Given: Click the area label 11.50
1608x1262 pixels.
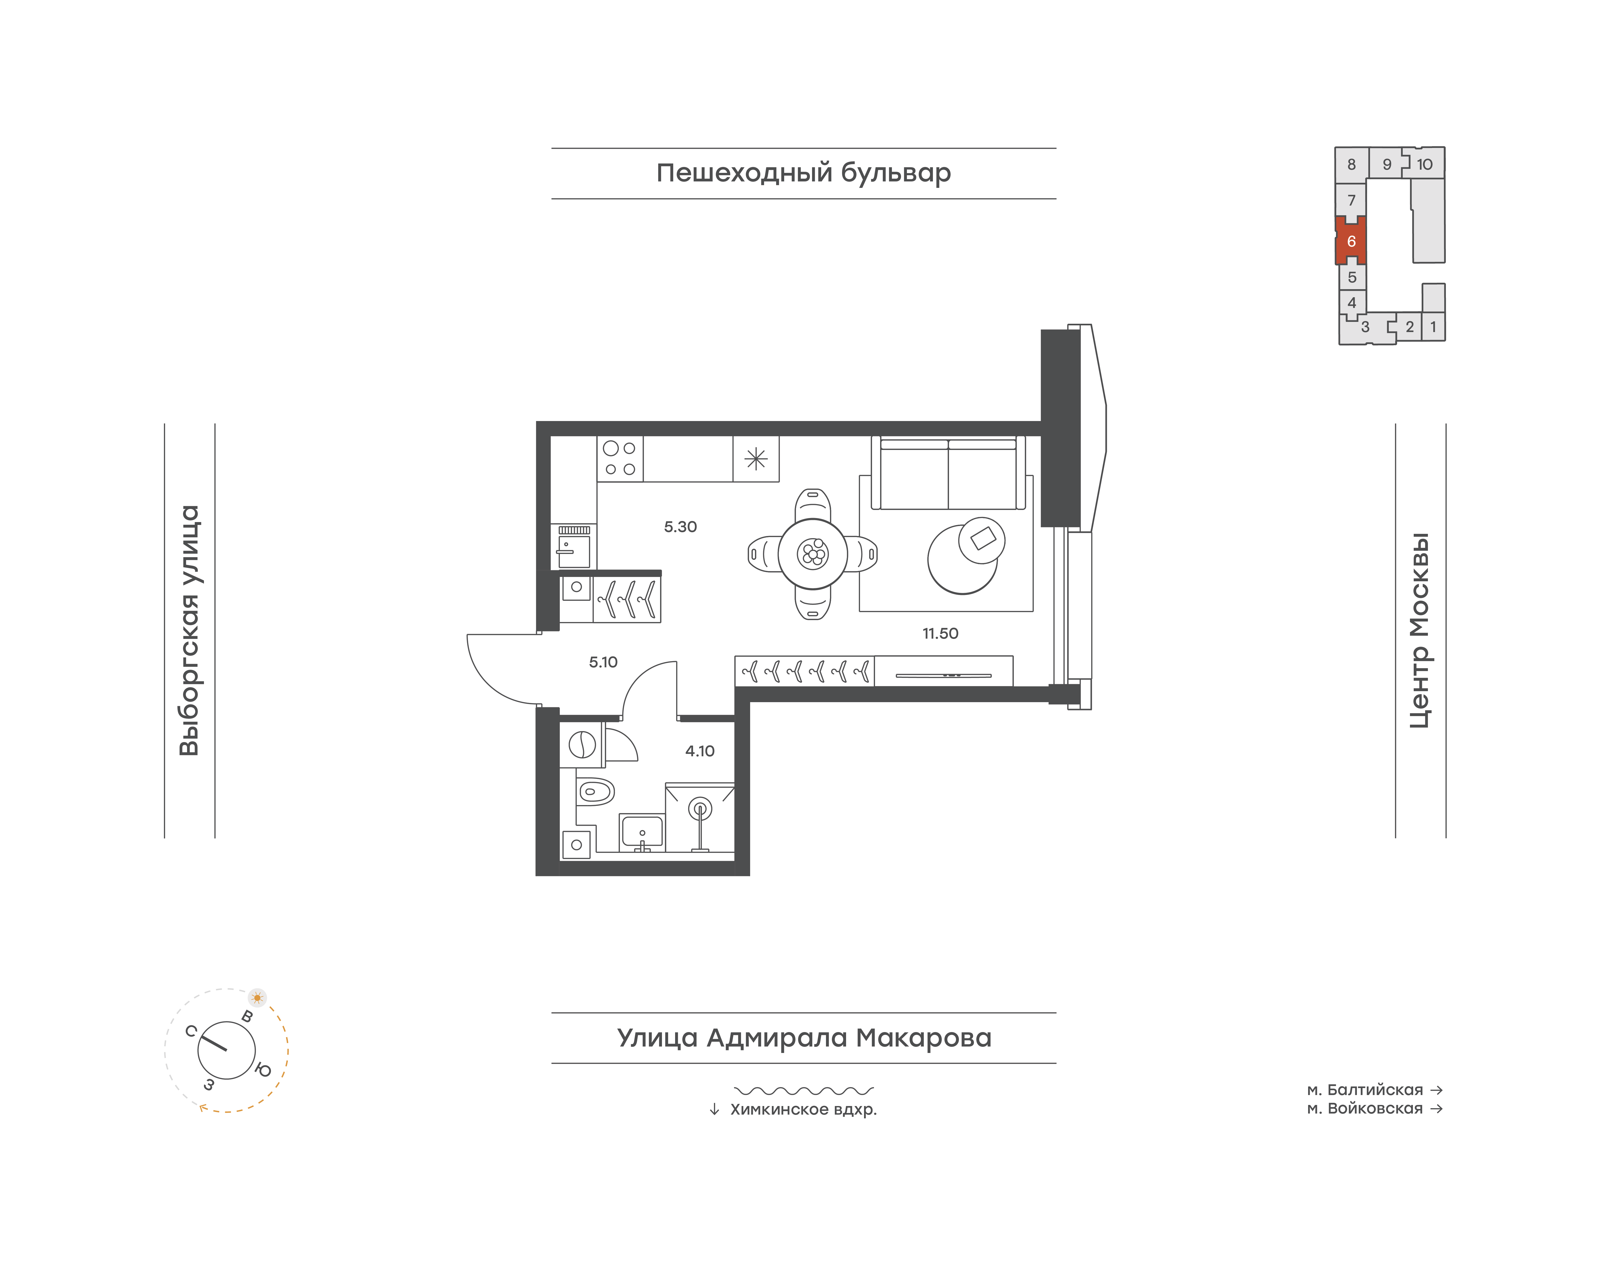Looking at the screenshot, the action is tap(940, 633).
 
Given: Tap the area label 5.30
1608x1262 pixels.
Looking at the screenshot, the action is tap(680, 527).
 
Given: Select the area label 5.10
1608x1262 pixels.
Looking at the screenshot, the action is tap(603, 662).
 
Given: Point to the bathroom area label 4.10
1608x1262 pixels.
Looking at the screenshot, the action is tap(700, 751).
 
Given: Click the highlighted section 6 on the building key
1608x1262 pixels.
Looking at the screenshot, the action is tap(1351, 241).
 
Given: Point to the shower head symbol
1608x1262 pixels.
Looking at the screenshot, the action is tap(700, 809).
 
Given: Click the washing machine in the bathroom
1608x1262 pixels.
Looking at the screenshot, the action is tap(582, 745).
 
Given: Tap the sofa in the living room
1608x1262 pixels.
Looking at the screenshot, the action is tap(948, 473).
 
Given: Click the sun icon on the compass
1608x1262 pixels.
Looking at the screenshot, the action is tap(257, 997).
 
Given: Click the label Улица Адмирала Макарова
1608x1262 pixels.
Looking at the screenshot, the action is tap(804, 1038).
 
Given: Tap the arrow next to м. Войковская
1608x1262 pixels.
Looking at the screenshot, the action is tap(1436, 1108).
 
